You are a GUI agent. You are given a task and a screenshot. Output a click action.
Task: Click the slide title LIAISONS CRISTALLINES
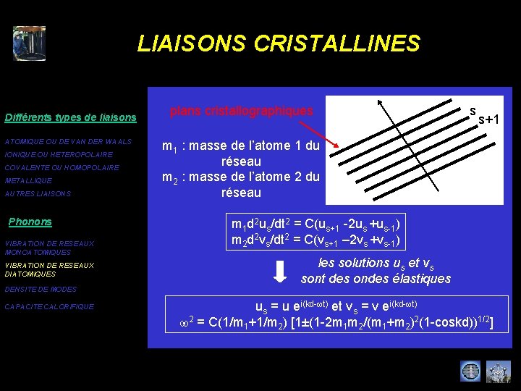[279, 43]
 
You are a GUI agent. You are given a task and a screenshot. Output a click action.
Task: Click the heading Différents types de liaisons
[70, 117]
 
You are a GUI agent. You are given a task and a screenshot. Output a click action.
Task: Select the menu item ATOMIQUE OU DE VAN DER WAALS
[68, 141]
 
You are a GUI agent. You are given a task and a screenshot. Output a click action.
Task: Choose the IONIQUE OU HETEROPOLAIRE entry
[59, 155]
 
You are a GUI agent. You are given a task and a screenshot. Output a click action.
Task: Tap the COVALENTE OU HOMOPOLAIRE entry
[62, 168]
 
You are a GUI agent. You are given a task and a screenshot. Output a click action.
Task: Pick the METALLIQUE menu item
[28, 181]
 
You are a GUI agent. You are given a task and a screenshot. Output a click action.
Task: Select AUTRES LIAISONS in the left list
[38, 194]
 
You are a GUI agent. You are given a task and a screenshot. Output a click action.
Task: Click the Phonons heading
[30, 222]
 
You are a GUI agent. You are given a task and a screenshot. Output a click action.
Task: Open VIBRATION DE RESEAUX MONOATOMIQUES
[48, 248]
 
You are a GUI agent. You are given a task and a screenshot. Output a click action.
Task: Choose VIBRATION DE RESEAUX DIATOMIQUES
[48, 269]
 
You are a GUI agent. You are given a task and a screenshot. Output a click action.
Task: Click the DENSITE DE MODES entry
[41, 290]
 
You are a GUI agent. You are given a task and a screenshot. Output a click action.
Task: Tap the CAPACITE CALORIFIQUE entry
[49, 307]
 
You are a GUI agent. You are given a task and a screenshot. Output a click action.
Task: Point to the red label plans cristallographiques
[241, 111]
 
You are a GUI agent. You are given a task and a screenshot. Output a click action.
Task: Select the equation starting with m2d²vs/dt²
[315, 240]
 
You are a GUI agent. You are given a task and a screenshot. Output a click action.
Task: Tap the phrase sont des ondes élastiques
[376, 279]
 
